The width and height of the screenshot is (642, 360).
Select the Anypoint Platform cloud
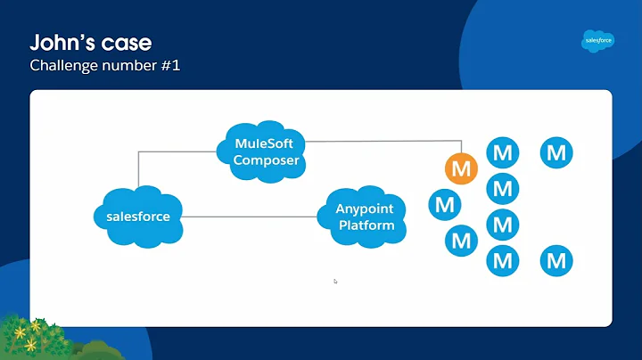(364, 216)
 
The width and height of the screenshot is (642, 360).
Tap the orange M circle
(461, 168)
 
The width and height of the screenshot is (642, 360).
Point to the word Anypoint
(365, 209)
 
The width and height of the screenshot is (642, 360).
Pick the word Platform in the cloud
(366, 225)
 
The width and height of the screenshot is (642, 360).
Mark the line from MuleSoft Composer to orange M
(383, 140)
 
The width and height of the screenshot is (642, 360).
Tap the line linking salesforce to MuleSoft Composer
(138, 169)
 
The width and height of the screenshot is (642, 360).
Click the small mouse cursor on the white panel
(335, 281)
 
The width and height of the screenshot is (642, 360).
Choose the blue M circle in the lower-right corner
(556, 261)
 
